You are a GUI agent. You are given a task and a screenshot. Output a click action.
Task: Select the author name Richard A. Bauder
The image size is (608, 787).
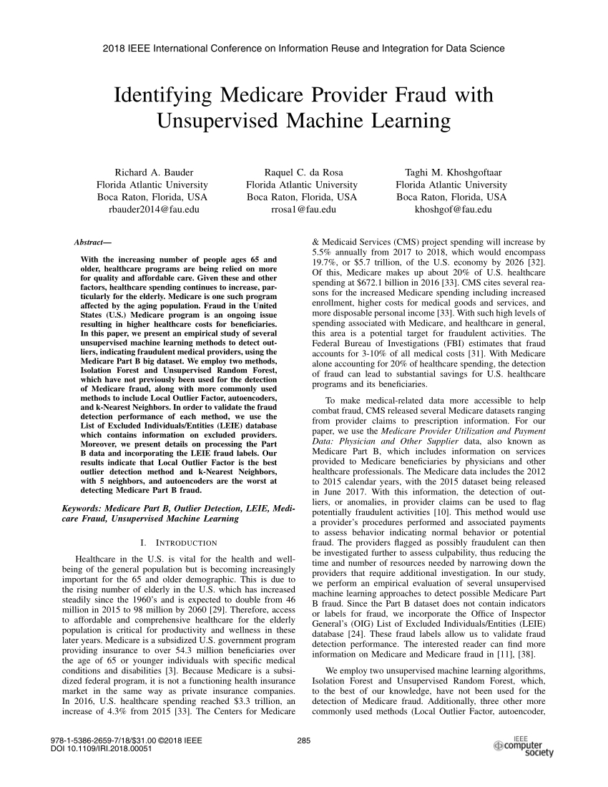point(154,172)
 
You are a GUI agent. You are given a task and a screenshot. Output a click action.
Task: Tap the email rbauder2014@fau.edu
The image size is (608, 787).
point(154,210)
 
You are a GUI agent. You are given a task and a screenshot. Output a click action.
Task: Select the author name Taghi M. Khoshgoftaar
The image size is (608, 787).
point(451,172)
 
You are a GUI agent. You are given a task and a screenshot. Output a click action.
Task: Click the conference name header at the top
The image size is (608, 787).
point(304,49)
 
